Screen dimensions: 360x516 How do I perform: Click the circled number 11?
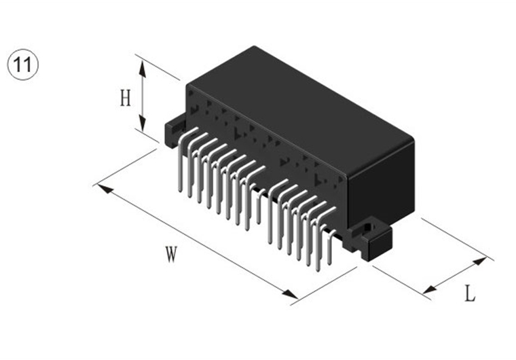[x=24, y=66]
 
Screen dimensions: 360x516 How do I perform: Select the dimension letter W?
[x=171, y=255]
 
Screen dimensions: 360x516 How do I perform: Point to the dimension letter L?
[x=470, y=294]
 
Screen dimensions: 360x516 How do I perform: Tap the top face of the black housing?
[x=299, y=109]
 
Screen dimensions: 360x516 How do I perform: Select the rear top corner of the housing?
[x=253, y=47]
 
